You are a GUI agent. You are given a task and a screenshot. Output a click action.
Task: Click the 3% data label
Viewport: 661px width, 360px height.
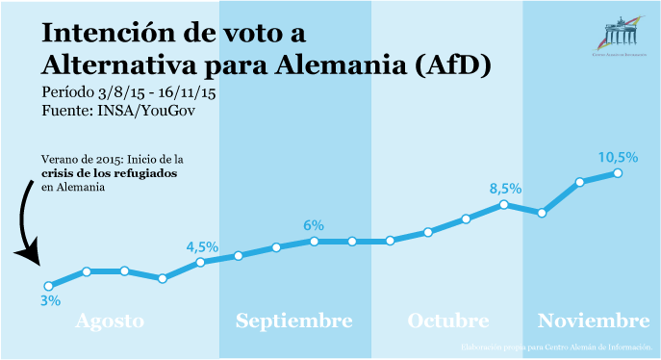coord(50,301)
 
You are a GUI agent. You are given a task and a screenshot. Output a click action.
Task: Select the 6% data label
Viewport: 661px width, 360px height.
coord(314,225)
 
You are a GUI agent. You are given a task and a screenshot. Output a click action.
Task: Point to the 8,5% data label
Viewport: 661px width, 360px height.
coord(506,188)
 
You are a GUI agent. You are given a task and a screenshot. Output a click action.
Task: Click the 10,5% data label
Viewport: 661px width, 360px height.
coord(618,157)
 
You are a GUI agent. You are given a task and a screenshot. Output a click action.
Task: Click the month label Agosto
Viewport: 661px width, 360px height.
coord(110,321)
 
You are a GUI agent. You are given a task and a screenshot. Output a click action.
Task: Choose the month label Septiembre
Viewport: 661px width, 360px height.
coord(294,321)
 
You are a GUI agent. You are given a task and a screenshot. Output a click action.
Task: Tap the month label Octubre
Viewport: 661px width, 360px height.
coord(447,321)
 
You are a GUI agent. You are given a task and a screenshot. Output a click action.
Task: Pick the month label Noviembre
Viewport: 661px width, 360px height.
coord(594,321)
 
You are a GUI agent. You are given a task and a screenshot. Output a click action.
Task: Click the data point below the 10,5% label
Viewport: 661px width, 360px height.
coord(618,173)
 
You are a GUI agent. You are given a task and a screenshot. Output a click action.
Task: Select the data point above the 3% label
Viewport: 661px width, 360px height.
coord(49,286)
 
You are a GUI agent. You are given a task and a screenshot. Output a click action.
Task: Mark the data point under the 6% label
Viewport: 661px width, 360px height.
coord(315,241)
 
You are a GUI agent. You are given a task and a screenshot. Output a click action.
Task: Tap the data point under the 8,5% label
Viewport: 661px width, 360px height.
coord(504,204)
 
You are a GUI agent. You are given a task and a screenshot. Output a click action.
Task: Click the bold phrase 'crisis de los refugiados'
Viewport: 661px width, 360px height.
coord(102,173)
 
